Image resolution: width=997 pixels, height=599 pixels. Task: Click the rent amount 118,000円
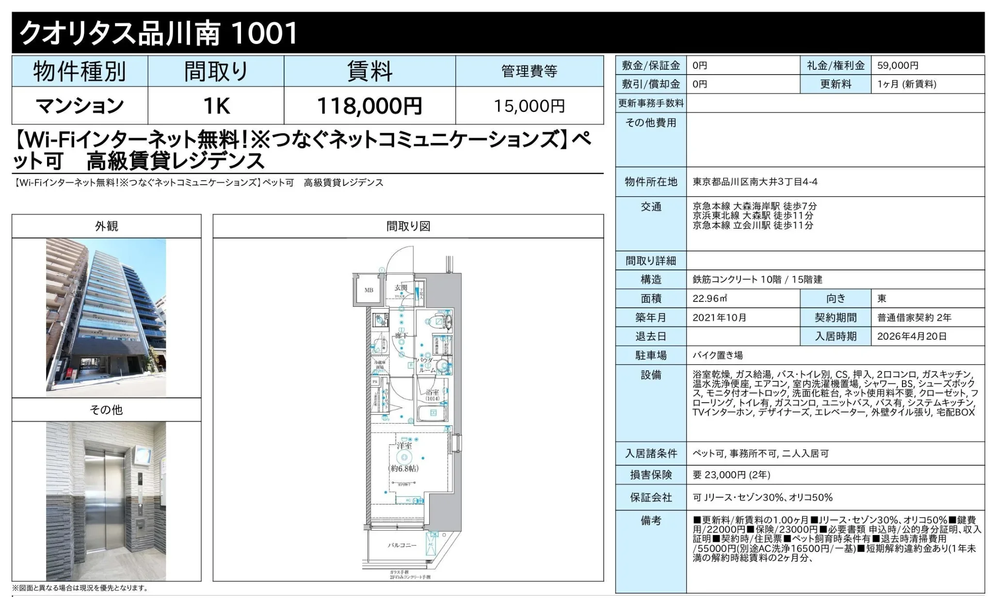(370, 106)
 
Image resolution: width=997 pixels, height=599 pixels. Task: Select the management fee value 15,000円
(529, 106)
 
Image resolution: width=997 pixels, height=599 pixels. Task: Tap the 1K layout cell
(216, 106)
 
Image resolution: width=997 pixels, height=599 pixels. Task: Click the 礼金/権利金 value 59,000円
(898, 65)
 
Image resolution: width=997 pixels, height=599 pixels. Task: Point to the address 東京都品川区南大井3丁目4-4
(755, 182)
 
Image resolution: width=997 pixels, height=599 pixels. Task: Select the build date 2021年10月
(719, 317)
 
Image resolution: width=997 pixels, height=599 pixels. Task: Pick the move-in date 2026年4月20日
(912, 336)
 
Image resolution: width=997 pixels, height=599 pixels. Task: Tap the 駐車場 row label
(651, 355)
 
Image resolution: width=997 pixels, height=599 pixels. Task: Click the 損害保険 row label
(651, 475)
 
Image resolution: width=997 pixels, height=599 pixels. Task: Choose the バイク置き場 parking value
(718, 355)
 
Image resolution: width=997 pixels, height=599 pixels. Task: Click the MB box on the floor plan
(369, 290)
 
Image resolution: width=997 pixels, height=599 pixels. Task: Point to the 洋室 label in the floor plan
(404, 445)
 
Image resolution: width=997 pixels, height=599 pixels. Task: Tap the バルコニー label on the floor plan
(402, 545)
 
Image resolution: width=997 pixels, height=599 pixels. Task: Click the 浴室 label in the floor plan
(432, 392)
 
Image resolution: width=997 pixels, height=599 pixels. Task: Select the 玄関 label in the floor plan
(401, 288)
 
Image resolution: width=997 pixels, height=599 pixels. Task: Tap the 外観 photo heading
(106, 226)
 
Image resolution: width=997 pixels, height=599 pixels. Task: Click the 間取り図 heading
(408, 226)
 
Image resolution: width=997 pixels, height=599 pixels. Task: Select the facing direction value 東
(882, 299)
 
